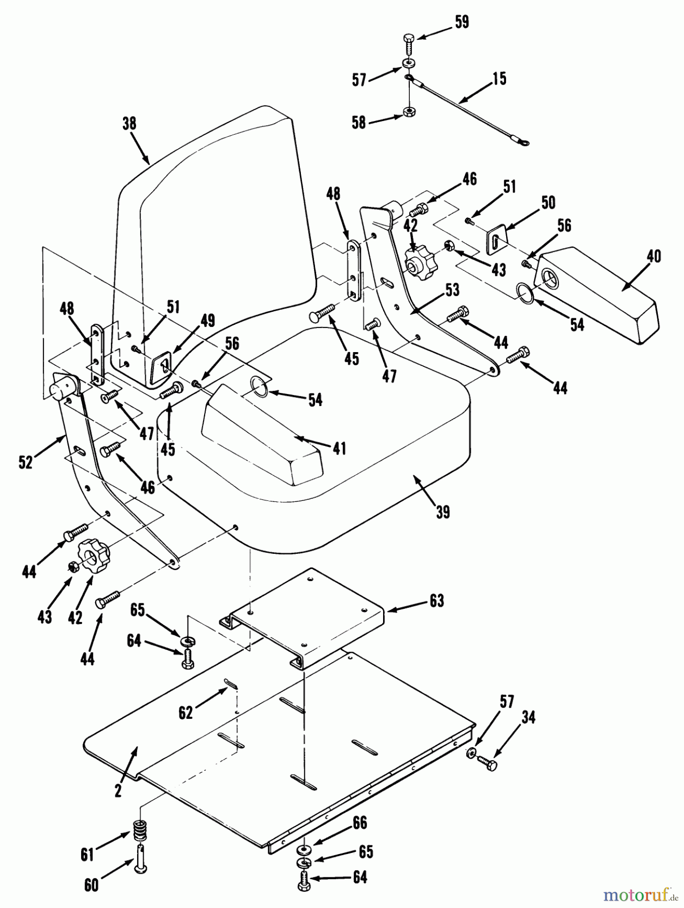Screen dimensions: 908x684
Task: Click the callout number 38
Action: coord(130,124)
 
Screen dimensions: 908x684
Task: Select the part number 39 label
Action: coord(443,512)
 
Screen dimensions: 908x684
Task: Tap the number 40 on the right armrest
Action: coord(653,256)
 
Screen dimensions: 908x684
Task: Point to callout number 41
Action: coord(339,448)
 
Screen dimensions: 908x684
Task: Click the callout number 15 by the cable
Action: coord(499,79)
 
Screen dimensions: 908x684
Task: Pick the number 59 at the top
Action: coord(462,23)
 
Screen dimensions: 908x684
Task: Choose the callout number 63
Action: coord(437,601)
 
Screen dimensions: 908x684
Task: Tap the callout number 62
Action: coord(186,713)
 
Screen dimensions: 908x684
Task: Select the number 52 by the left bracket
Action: coord(26,462)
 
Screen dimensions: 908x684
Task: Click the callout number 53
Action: coord(452,290)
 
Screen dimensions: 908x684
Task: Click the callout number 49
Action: coord(207,320)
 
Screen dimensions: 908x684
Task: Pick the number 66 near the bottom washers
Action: coord(359,824)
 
